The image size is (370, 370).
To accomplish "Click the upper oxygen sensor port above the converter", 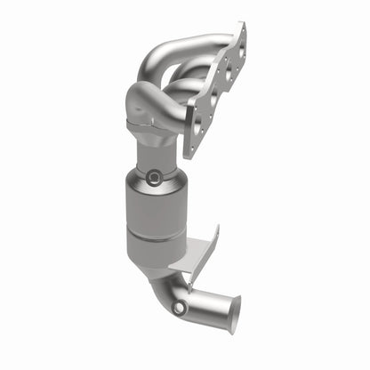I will click(152, 178).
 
